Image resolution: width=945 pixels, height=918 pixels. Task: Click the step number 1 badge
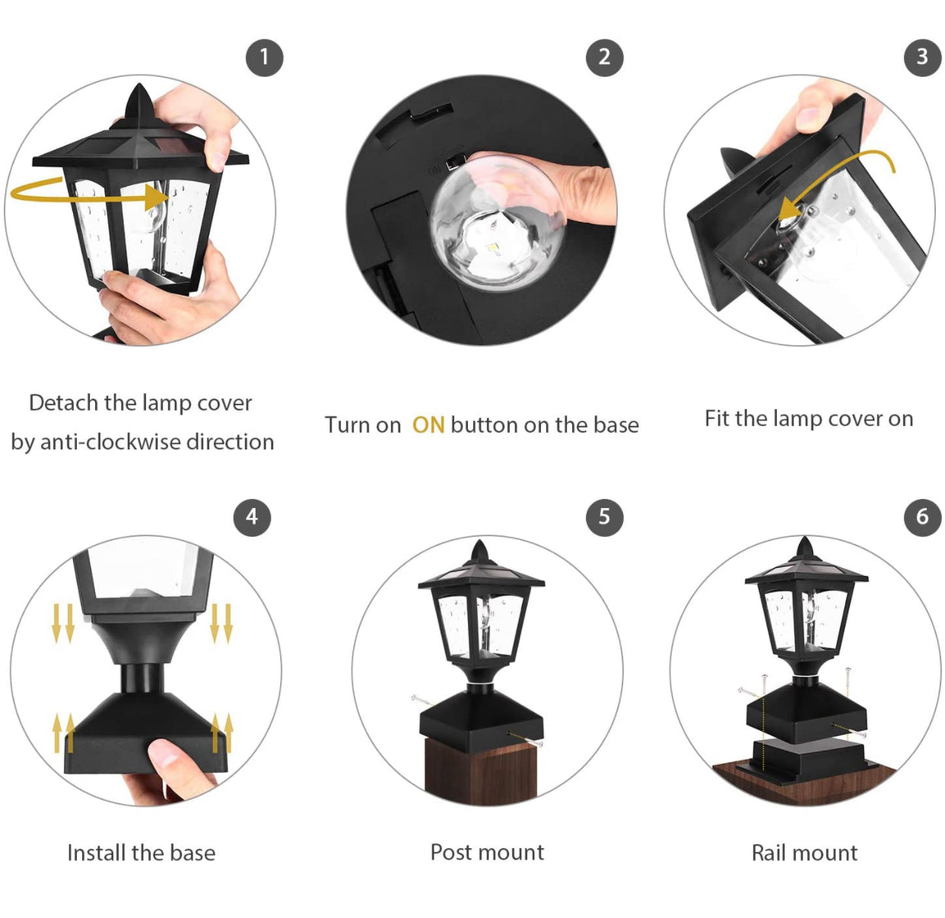coord(264,57)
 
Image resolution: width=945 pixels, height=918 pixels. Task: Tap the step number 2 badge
coord(604,57)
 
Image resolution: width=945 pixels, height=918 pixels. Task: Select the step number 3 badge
coord(922,57)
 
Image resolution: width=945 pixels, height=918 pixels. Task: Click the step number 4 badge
coord(252,517)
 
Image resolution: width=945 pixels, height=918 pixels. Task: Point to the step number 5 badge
coord(604,517)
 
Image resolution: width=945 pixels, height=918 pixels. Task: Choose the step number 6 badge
coord(922,517)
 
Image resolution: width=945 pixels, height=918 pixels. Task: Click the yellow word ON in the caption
coord(428,425)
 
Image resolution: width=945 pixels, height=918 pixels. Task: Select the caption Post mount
coord(487,853)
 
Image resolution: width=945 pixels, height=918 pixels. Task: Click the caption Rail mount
coord(805,853)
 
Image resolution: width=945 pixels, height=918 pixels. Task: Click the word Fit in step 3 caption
coord(717,418)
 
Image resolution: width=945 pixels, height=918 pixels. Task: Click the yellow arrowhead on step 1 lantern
coord(157,198)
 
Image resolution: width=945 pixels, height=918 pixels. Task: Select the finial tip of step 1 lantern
coord(139,84)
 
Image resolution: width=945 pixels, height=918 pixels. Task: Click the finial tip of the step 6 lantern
coord(805,538)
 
